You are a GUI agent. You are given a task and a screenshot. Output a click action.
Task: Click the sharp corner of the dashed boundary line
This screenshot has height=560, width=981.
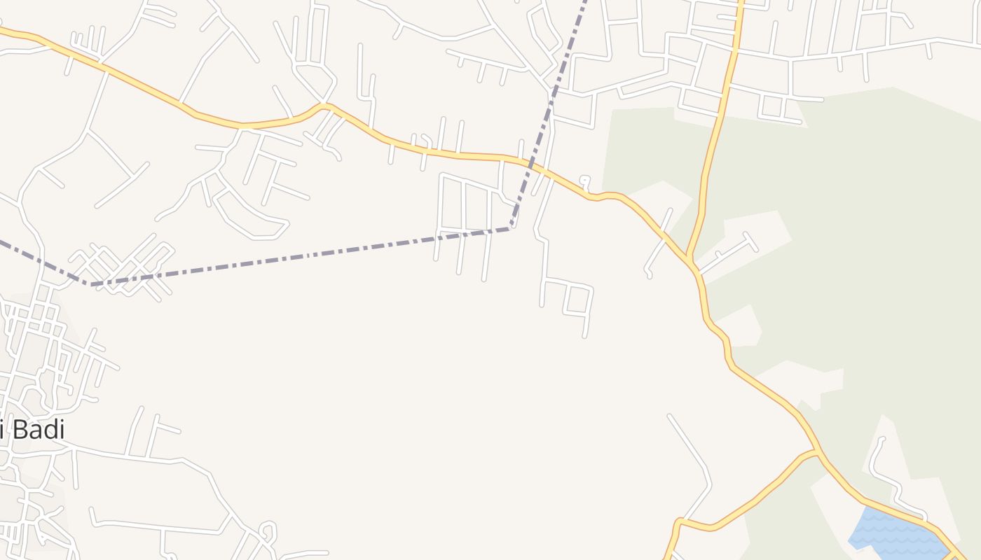click(x=511, y=227)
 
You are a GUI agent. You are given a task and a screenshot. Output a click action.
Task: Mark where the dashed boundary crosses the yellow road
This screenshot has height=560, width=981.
click(x=534, y=168)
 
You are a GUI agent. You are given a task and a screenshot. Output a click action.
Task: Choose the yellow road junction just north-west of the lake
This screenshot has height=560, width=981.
click(x=817, y=451)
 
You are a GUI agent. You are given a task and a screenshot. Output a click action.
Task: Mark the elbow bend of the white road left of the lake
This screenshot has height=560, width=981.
click(x=708, y=483)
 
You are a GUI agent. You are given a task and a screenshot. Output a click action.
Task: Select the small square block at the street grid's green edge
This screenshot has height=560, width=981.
click(x=771, y=106)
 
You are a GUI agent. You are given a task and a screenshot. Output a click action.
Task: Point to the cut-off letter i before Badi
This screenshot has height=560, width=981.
click(x=3, y=429)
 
